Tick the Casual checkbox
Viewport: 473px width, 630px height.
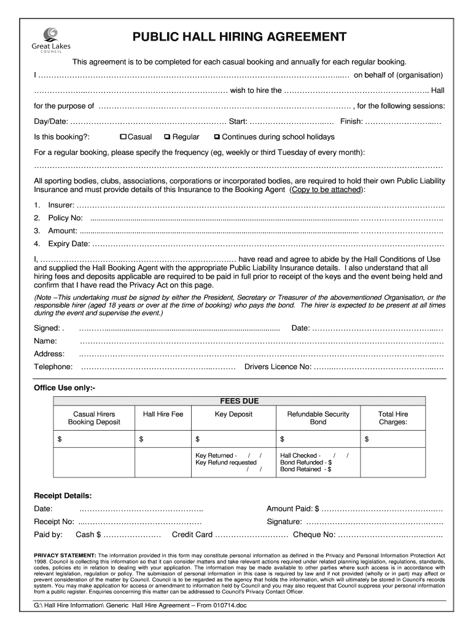click(x=123, y=137)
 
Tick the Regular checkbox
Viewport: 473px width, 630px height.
click(x=168, y=137)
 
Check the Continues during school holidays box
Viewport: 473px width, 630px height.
click(x=216, y=137)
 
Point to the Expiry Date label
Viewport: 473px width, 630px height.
click(x=68, y=244)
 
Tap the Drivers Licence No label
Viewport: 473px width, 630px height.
click(x=278, y=367)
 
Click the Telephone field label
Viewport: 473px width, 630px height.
click(x=53, y=367)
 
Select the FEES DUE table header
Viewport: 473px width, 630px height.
click(x=240, y=401)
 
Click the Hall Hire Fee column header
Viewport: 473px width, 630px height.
click(x=163, y=415)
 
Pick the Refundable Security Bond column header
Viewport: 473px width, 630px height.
click(x=318, y=418)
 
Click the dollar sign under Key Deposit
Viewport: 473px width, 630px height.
click(x=198, y=439)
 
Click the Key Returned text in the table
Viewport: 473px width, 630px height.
click(x=214, y=456)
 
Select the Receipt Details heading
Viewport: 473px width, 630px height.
click(x=63, y=495)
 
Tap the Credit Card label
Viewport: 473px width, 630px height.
click(x=192, y=535)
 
